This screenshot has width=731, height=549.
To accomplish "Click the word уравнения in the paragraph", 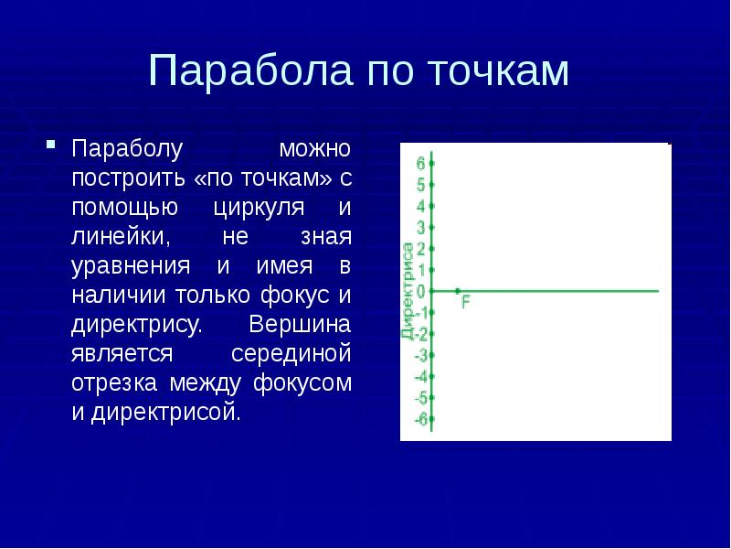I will [132, 266].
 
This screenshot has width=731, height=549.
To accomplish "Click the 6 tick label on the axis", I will [420, 164].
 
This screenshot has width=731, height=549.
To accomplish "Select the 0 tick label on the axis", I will [420, 291].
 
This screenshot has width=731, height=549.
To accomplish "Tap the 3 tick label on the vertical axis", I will [420, 227].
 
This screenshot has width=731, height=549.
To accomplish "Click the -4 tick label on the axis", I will [419, 376].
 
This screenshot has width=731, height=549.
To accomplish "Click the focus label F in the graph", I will [466, 302].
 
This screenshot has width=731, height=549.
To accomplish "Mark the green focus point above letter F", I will [458, 291].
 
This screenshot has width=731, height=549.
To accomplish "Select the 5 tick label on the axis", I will [420, 185].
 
